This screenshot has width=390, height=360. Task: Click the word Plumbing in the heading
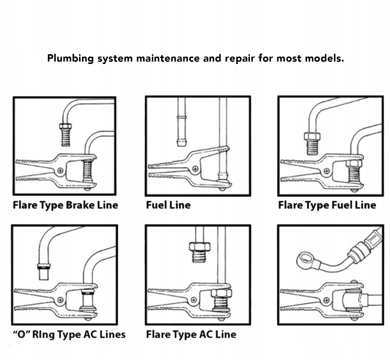pos(70,59)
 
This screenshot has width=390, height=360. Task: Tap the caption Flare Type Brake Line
pos(65,205)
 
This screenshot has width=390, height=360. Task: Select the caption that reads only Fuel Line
pos(168,205)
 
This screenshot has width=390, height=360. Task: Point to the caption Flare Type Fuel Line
pos(327,205)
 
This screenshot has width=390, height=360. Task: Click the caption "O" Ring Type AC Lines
pos(69,335)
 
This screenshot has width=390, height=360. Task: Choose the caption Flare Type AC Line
pos(191,335)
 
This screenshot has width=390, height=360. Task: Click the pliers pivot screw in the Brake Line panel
pos(61,170)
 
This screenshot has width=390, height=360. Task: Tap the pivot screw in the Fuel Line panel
pos(196,169)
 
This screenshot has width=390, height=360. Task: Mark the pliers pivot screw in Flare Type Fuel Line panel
pos(327,171)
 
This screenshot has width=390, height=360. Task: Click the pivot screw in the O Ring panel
pos(60,300)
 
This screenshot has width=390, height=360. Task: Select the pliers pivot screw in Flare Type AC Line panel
pos(194,300)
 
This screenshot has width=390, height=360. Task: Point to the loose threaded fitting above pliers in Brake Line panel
pos(66,135)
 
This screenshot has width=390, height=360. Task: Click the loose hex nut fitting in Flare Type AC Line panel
pos(200,253)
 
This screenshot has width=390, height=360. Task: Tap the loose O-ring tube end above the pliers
pos(44,271)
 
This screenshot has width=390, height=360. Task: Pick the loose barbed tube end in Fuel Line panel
pos(182,131)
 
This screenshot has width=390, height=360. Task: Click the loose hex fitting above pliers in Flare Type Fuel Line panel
pos(312,144)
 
